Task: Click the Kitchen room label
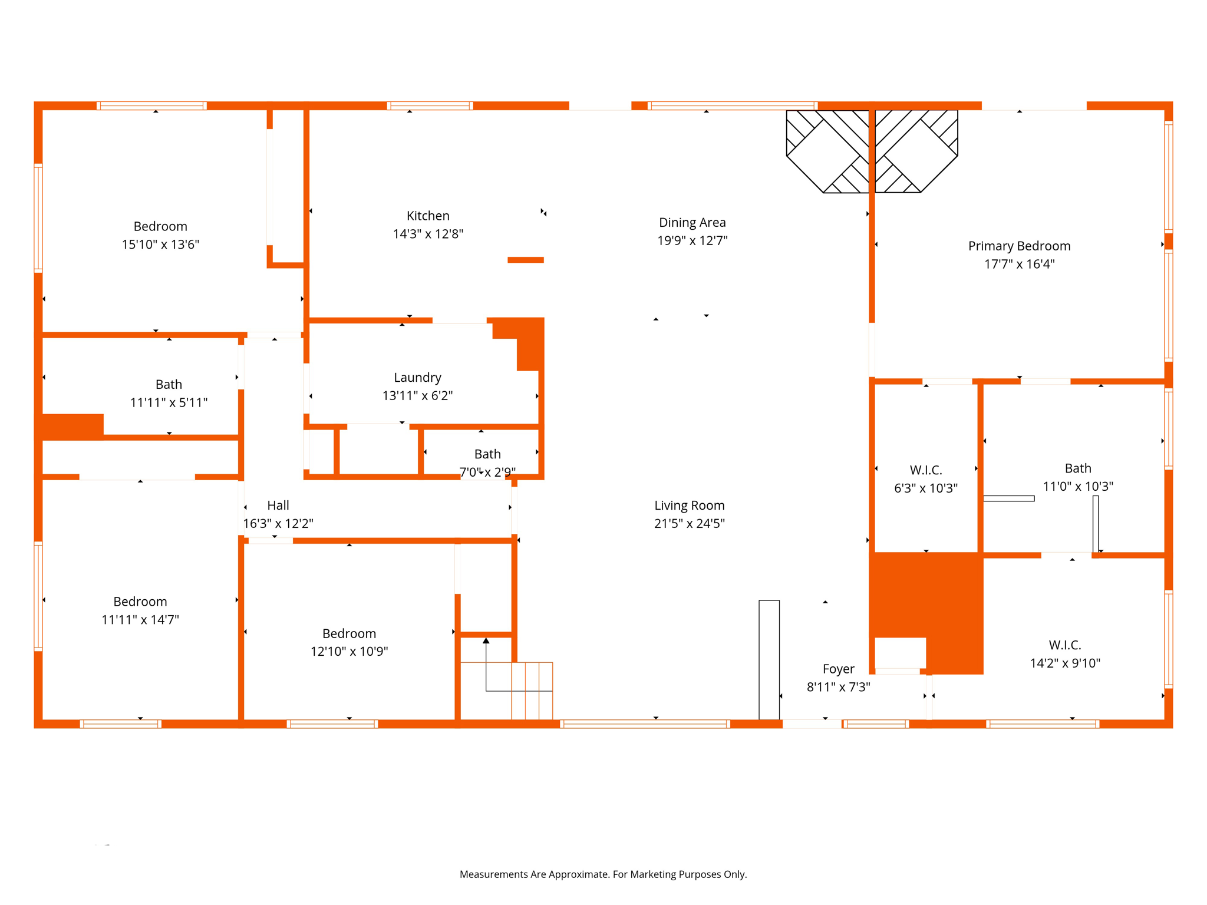[x=428, y=216]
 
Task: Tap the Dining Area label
[x=692, y=223]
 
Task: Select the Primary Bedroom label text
[x=1019, y=246]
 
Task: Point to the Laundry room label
[x=417, y=378]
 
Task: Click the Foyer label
[x=838, y=669]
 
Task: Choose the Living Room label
[x=689, y=506]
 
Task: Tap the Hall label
[x=278, y=506]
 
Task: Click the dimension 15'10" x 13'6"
[x=160, y=245]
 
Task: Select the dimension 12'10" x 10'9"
[x=349, y=652]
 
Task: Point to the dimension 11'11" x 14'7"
[x=140, y=620]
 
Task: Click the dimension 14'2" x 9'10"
[x=1064, y=663]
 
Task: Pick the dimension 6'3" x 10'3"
[x=925, y=488]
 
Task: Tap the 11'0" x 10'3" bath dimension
[x=1078, y=487]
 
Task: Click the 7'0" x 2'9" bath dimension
[x=487, y=473]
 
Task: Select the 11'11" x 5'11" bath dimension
[x=169, y=403]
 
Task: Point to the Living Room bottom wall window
[x=645, y=724]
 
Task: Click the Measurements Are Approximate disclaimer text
[x=603, y=874]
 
